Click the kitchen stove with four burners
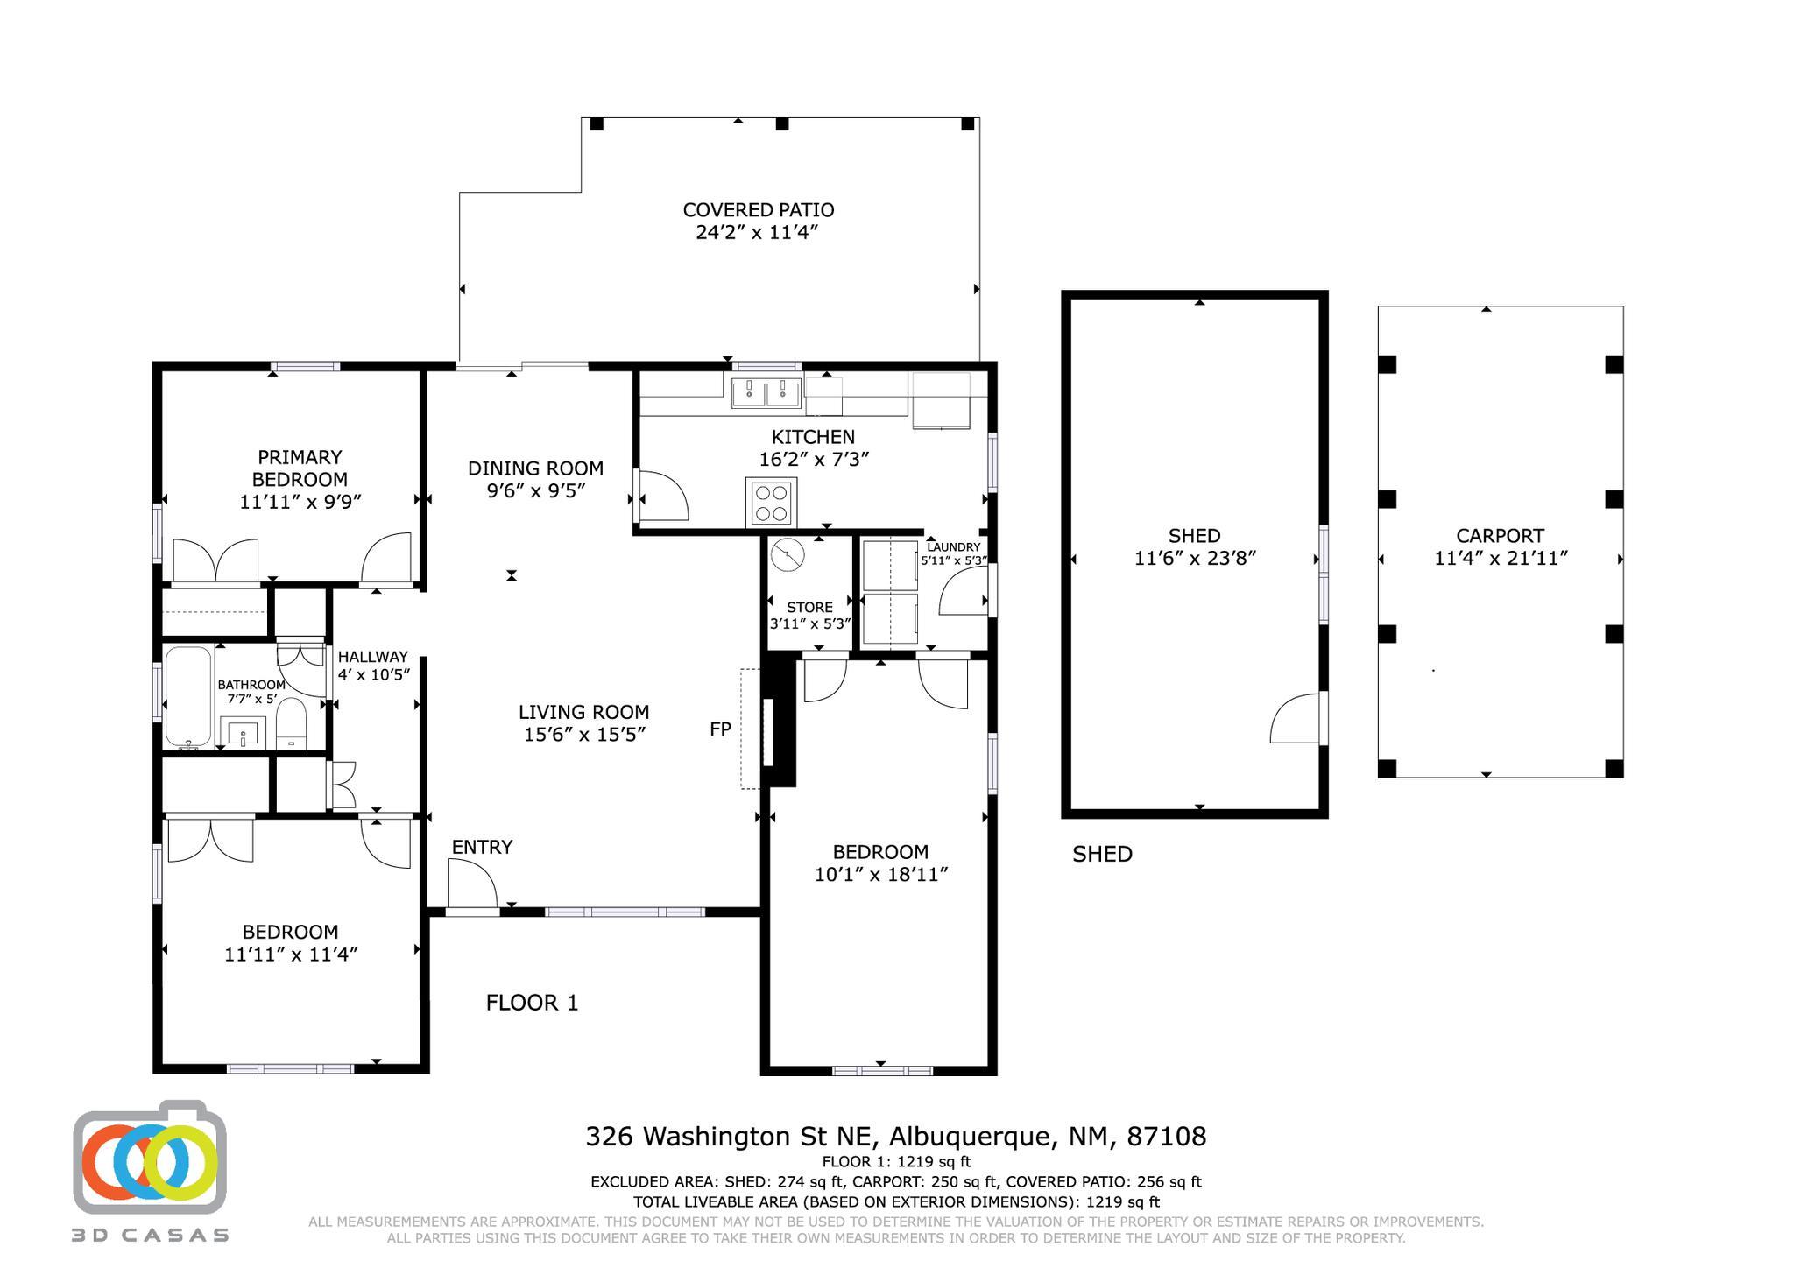(x=771, y=502)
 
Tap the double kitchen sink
(x=766, y=393)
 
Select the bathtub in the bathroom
(x=187, y=696)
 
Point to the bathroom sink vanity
(x=243, y=732)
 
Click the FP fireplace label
(x=720, y=729)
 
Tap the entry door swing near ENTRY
(x=473, y=883)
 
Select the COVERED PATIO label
(x=759, y=210)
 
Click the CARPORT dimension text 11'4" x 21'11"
(x=1501, y=559)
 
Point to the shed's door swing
(x=1295, y=718)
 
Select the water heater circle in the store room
(x=788, y=554)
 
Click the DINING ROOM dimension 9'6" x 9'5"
(x=536, y=491)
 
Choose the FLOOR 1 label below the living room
(x=533, y=1003)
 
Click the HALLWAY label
(x=373, y=657)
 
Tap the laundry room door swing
(x=963, y=592)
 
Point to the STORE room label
(x=810, y=607)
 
